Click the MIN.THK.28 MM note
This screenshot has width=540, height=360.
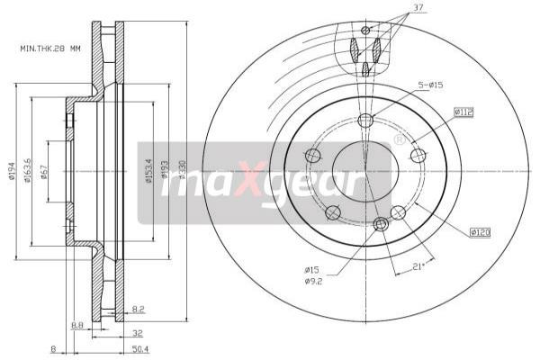click(x=56, y=48)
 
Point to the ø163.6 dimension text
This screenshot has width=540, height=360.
click(x=30, y=171)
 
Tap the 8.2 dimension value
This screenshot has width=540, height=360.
click(x=138, y=309)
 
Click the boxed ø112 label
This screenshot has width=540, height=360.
click(x=463, y=112)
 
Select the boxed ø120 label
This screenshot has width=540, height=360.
click(x=479, y=233)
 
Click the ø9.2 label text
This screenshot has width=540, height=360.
click(x=311, y=281)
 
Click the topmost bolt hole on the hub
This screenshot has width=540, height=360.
click(x=364, y=121)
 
